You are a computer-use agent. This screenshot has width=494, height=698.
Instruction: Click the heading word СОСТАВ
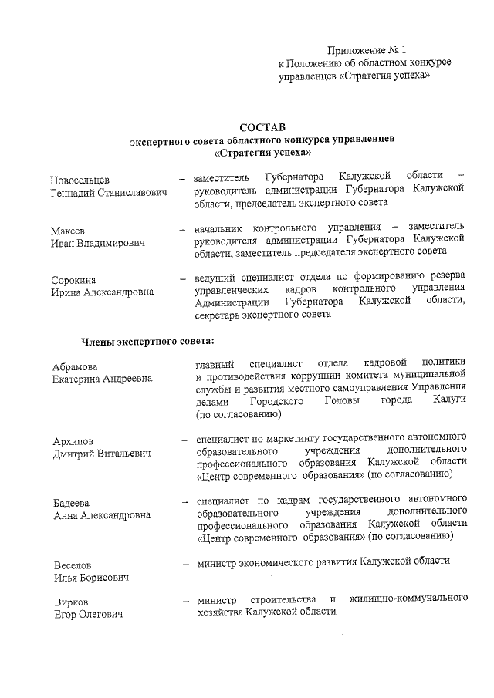pos(262,126)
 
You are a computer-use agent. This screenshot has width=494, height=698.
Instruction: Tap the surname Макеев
pos(69,231)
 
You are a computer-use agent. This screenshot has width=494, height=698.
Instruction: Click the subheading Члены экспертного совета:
pos(147,341)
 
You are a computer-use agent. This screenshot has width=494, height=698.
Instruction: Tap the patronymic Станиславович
pos(134,191)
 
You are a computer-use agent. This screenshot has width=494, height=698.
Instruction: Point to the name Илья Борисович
pos(90,577)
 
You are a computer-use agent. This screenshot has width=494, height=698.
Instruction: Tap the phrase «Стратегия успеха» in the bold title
pos(262,153)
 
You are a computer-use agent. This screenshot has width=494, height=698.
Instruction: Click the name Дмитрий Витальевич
pos(100,453)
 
